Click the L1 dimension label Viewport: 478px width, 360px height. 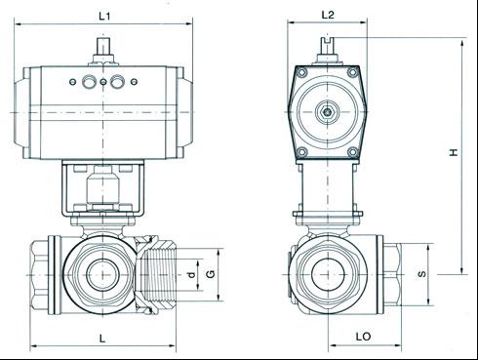tap(104, 17)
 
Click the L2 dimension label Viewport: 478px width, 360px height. tap(328, 15)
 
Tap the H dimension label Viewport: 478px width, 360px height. tap(454, 152)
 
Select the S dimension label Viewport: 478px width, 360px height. tap(421, 274)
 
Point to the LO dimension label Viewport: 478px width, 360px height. tap(363, 337)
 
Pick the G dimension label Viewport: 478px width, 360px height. tap(211, 274)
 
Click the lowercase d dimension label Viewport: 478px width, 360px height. tap(192, 275)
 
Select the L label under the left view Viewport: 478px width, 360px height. tap(102, 339)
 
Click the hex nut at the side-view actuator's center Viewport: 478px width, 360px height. tap(328, 112)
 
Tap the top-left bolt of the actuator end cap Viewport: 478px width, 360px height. tap(302, 72)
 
